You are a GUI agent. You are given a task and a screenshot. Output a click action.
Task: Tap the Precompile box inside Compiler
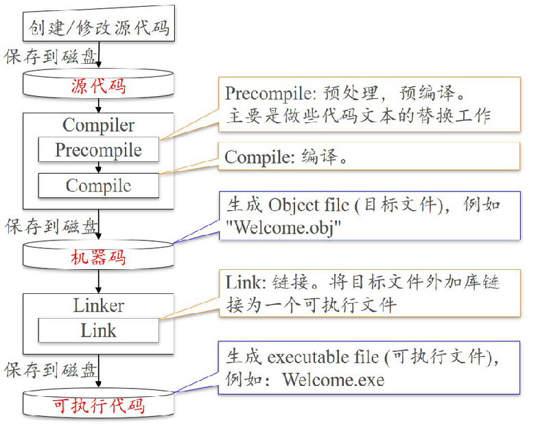click(x=98, y=150)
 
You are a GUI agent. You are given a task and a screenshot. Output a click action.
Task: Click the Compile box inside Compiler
click(x=98, y=185)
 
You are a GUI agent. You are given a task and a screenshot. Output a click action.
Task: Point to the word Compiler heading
click(x=98, y=125)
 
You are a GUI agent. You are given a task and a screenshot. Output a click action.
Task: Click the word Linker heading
click(x=98, y=305)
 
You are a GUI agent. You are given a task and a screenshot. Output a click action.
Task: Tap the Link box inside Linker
click(x=98, y=330)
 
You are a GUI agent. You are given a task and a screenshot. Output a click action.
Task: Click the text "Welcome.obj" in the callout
click(x=283, y=227)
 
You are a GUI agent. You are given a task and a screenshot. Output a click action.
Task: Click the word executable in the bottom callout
click(x=306, y=357)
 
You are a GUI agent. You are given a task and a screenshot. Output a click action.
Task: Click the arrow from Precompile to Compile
click(x=98, y=167)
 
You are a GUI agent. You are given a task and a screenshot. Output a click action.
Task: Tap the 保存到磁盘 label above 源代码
click(x=51, y=56)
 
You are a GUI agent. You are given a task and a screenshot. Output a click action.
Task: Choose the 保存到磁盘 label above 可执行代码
click(x=51, y=370)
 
